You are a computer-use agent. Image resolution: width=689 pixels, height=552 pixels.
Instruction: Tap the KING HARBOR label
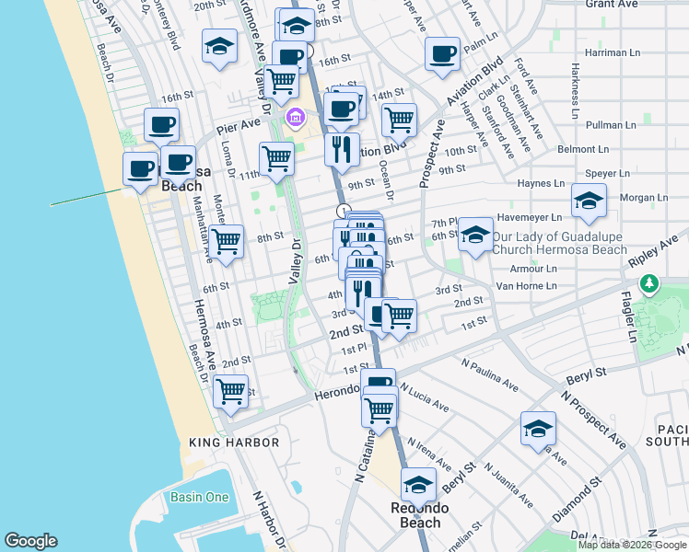coord(233,443)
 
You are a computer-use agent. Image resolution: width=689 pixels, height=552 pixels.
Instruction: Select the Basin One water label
coord(199,498)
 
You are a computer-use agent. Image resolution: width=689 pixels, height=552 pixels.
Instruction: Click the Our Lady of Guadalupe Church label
coord(546,243)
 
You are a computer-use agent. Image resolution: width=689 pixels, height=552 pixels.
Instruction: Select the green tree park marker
coord(651,283)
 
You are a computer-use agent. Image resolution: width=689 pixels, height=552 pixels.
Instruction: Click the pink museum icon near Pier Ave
coord(296,117)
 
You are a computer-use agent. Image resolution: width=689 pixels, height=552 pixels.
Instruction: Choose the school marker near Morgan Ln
coord(588,201)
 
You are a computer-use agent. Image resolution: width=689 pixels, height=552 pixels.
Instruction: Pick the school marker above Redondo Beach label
coord(418,483)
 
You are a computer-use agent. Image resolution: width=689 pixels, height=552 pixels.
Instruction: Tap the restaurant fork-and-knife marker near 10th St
coord(342,149)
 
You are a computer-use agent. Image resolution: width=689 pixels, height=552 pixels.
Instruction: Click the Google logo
coord(30,541)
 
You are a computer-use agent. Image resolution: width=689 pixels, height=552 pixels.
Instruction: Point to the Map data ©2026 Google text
coord(632,545)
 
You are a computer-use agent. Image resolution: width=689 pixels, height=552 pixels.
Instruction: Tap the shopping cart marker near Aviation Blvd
coord(399,119)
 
